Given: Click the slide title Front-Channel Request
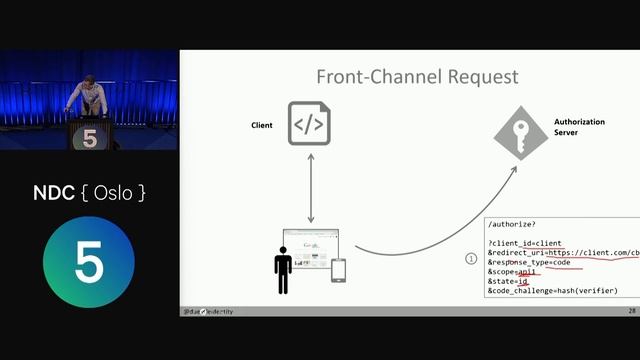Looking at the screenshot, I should coord(417,77).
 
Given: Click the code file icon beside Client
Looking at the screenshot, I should coord(309,124).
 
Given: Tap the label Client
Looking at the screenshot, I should coord(262,125).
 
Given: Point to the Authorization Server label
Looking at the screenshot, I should coord(579,126).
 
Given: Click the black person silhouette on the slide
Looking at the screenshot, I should coord(283,270).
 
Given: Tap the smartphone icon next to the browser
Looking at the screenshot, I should coord(339,271).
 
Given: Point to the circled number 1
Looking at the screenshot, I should coord(471,258).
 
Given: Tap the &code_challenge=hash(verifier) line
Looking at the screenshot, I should coord(552,291).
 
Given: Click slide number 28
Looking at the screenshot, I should coord(632,311).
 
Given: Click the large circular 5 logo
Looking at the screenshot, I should coord(89,264).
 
